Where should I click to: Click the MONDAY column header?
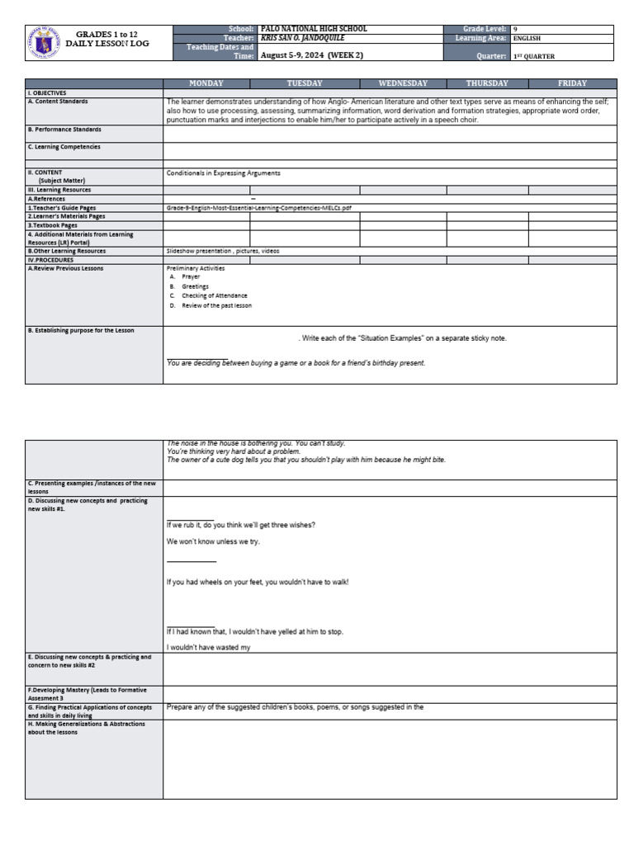point(206,83)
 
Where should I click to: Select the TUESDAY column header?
point(305,83)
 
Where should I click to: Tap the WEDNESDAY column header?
point(403,83)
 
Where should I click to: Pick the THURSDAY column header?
point(487,83)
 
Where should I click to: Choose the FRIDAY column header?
point(572,83)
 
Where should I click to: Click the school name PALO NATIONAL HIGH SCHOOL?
point(314,29)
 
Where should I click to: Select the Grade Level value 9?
point(516,29)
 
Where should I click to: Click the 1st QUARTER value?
point(534,56)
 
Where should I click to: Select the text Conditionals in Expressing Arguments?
point(224,173)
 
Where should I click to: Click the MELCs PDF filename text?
point(258,208)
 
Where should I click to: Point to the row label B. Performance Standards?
point(64,130)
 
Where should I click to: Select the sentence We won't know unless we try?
point(213,541)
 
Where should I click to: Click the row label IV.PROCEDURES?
point(50,259)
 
